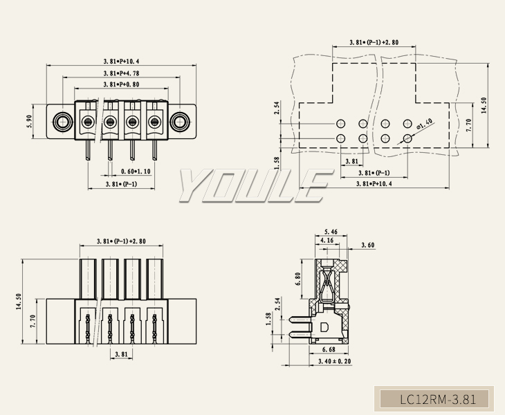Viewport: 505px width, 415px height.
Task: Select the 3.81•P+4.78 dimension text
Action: (121, 73)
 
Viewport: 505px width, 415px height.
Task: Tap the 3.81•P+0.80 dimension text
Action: (121, 84)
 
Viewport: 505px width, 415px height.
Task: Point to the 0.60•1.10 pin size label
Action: (136, 171)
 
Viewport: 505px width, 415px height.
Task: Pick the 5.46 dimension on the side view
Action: (331, 232)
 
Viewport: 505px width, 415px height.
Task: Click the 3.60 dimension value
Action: (369, 246)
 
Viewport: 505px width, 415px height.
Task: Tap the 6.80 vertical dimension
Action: (298, 280)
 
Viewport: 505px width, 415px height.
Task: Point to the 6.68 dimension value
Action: (329, 349)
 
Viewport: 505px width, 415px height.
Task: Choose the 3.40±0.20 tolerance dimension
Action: (334, 362)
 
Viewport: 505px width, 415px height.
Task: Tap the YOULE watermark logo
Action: (253, 186)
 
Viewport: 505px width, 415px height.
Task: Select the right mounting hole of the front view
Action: (181, 122)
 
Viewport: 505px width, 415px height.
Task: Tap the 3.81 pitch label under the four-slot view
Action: (121, 353)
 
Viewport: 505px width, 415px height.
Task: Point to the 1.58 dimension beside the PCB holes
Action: (277, 161)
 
